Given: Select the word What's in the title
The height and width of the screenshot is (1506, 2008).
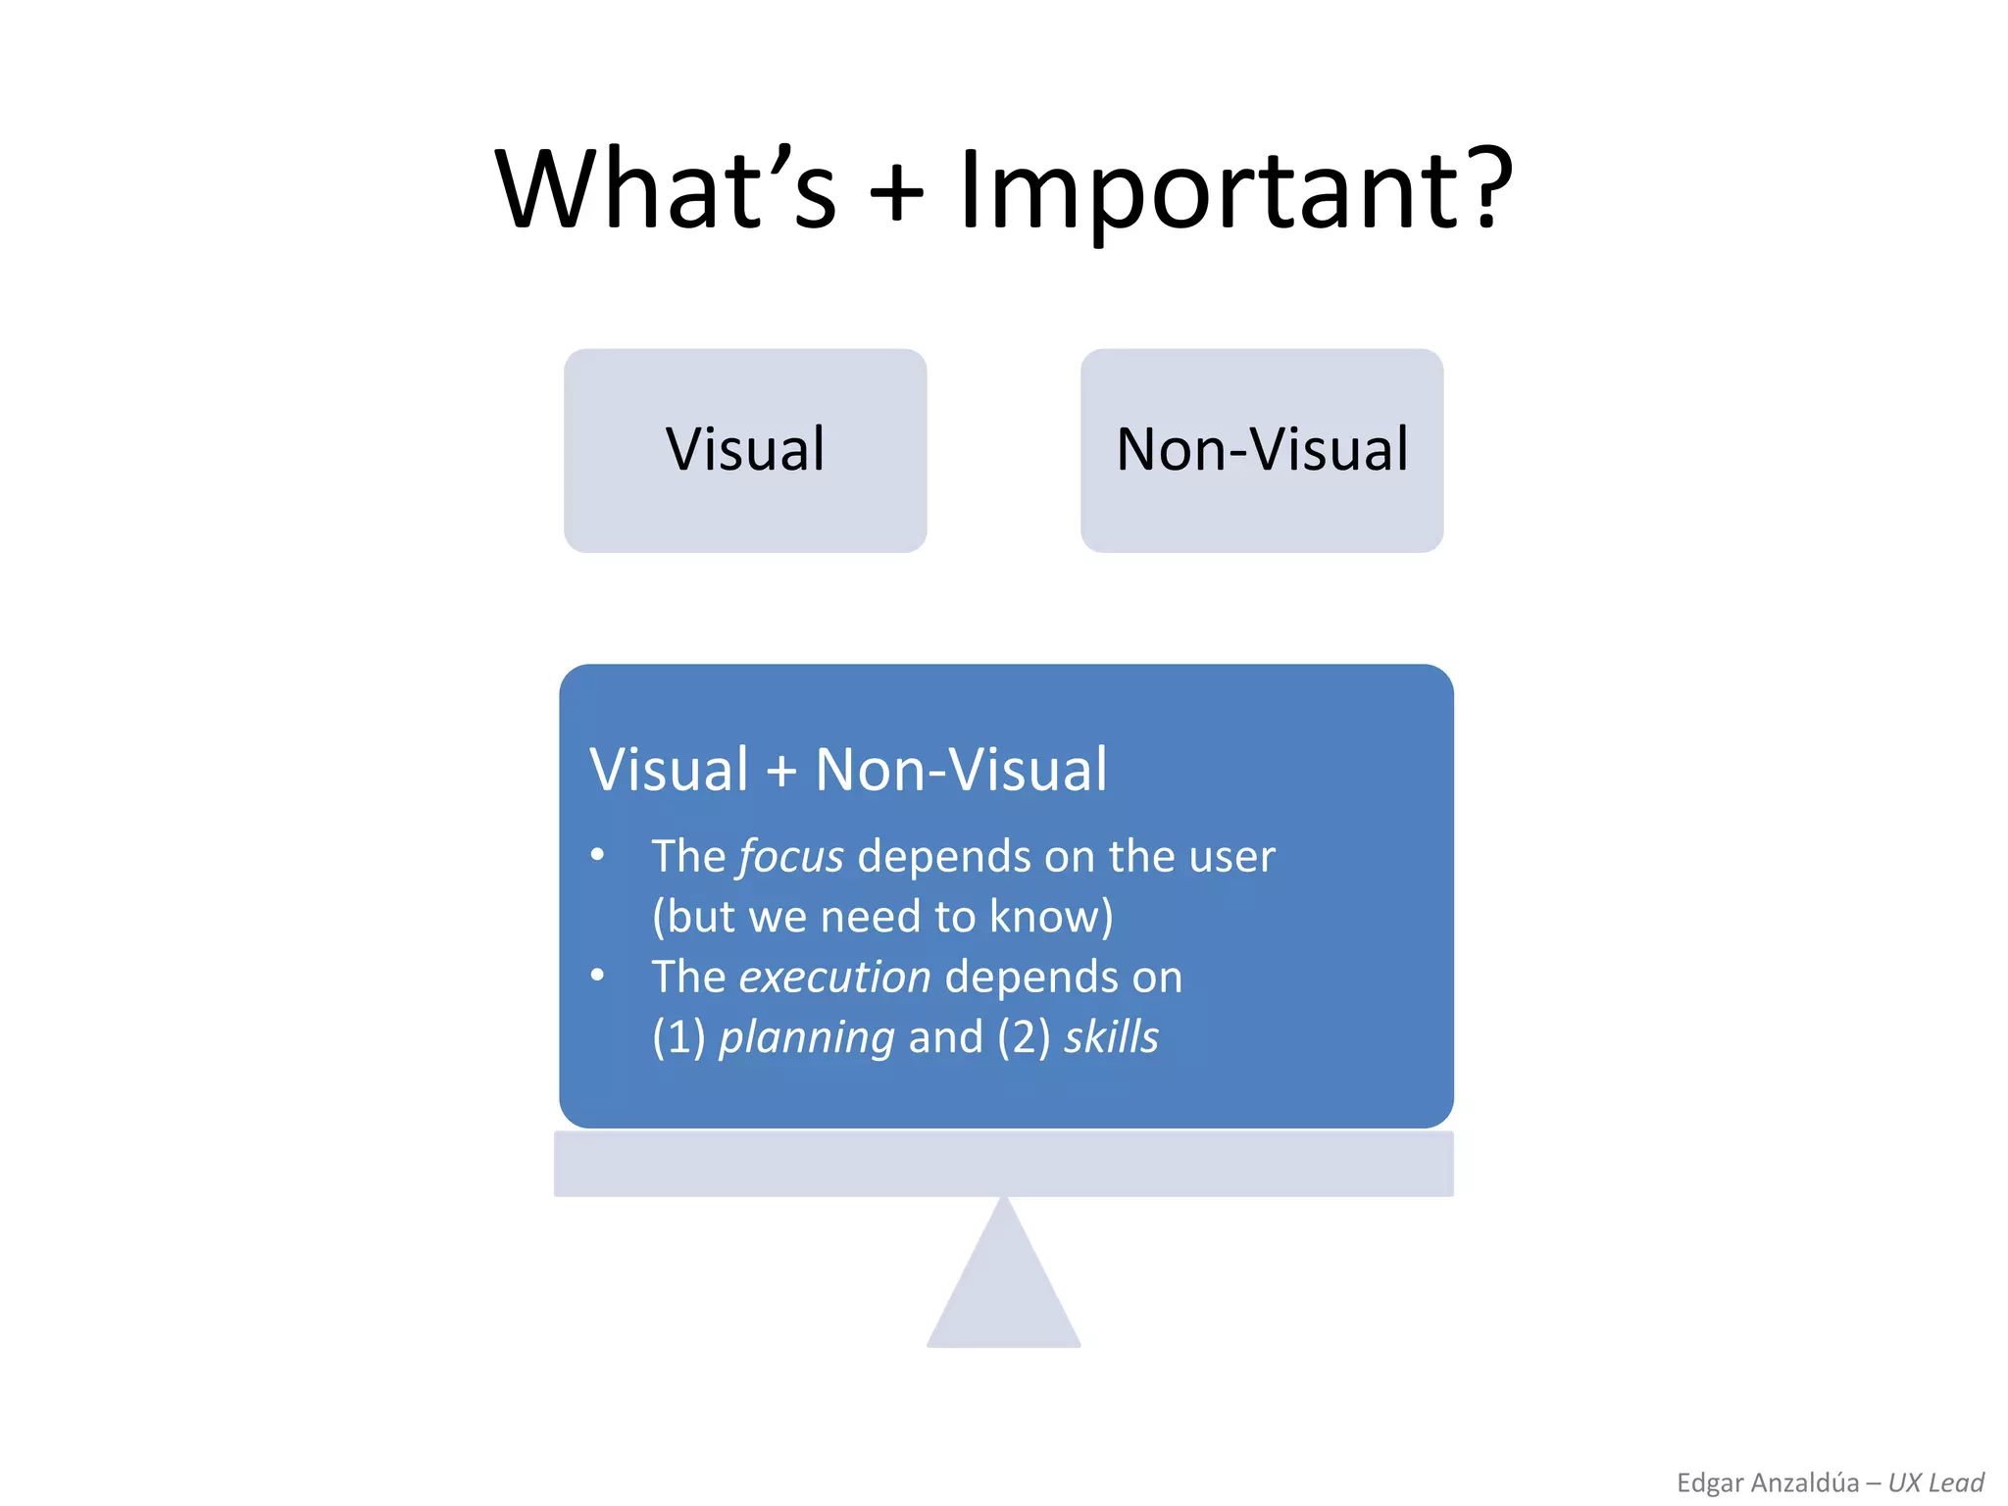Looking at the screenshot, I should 666,189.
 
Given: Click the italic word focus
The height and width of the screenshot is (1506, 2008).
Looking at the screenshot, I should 790,857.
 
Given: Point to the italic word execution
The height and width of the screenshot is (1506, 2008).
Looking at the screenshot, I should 834,978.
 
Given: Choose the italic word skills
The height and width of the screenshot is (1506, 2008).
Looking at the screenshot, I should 1111,1037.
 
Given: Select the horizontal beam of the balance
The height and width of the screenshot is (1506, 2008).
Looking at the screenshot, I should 1003,1164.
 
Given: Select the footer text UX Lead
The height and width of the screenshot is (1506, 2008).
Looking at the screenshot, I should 1935,1482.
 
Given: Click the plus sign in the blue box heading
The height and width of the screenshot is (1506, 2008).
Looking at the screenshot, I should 781,771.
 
